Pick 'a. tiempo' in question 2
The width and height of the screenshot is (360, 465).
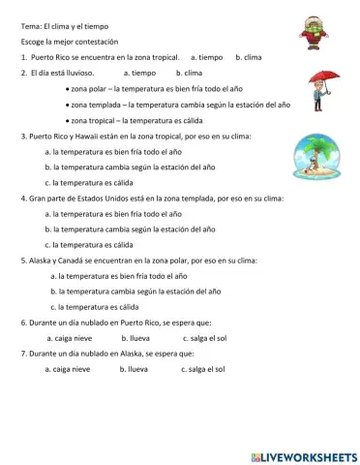(x=140, y=73)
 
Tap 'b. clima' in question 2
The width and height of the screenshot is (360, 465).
(x=189, y=73)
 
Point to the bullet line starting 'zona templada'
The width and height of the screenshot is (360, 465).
(x=178, y=105)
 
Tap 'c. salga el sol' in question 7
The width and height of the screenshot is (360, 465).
(x=202, y=369)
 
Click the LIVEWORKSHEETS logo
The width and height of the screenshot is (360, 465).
(x=303, y=455)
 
